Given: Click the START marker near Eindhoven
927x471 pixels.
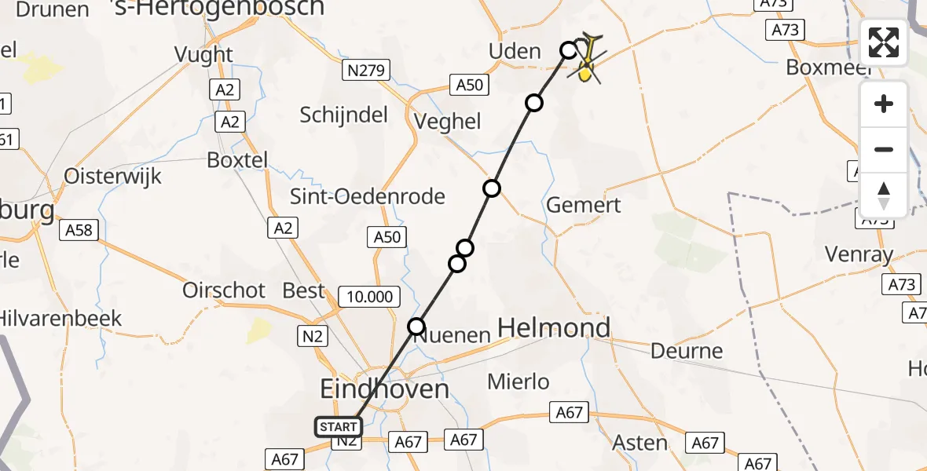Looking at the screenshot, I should click(x=339, y=427).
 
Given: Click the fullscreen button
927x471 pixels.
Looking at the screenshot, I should click(x=884, y=42).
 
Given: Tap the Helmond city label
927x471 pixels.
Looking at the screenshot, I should click(x=555, y=327).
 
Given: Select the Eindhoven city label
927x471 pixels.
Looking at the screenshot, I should click(x=385, y=389).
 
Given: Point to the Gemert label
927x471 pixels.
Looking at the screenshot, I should click(x=584, y=206).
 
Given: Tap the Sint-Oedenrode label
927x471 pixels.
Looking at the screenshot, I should click(x=368, y=196).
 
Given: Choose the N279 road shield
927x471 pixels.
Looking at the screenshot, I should click(x=366, y=71).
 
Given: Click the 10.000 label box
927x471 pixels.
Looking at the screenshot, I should click(x=369, y=296).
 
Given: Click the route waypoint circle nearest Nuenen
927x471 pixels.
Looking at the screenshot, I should click(x=416, y=326).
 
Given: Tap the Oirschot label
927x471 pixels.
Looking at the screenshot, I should click(x=224, y=290).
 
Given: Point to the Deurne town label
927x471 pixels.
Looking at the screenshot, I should click(x=687, y=350).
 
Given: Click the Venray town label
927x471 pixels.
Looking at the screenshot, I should click(x=859, y=254).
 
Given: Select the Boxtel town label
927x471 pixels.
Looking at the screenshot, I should click(x=237, y=160).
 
